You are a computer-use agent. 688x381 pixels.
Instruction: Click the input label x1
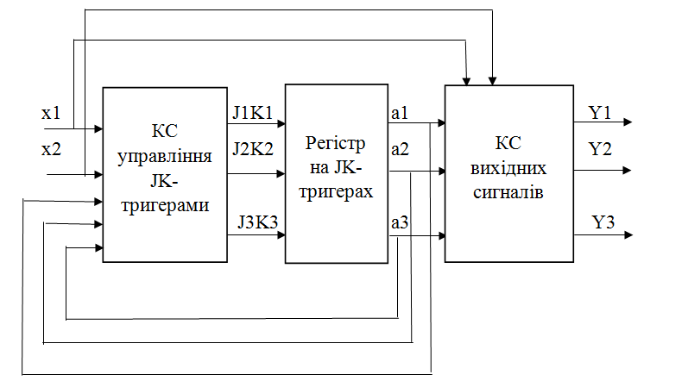coord(52,113)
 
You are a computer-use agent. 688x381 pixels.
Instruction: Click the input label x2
coord(52,150)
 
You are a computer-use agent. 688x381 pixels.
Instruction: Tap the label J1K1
coord(252,113)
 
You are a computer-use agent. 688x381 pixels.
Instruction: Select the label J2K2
coord(252,149)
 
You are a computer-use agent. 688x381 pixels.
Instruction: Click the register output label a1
coord(400,113)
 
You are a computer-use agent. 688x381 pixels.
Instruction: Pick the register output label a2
coord(400,150)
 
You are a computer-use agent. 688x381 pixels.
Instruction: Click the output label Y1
coord(600,113)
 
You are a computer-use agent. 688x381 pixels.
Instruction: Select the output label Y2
coord(600,149)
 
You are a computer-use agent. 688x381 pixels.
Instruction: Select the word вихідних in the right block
coord(508,169)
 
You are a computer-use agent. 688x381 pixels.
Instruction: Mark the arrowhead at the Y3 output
coord(628,234)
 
